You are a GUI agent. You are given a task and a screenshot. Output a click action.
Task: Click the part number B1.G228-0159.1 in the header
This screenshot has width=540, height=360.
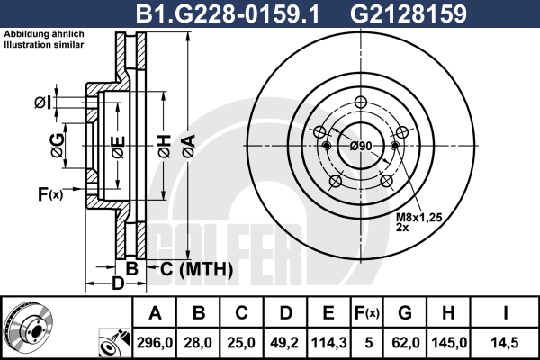[x=228, y=13]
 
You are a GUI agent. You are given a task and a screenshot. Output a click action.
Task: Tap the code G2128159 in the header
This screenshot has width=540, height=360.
[x=409, y=13]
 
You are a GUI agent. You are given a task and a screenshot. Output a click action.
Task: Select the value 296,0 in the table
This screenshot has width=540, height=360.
[x=155, y=343]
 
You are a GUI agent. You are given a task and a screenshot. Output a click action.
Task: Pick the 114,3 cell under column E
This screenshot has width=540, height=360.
[x=328, y=343]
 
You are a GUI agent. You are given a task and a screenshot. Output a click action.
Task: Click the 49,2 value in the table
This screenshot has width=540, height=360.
[x=284, y=343]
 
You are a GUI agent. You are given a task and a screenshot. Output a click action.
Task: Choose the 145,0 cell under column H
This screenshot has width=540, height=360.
[x=449, y=343]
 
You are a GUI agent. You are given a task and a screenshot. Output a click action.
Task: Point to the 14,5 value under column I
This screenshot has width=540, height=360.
[x=506, y=343]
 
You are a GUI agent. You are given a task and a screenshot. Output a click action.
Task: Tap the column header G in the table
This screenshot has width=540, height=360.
[x=405, y=313]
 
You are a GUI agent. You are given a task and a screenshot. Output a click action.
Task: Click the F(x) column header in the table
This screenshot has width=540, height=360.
[x=367, y=313]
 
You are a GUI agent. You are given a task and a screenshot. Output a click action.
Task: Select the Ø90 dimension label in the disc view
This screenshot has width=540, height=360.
[x=361, y=146]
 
